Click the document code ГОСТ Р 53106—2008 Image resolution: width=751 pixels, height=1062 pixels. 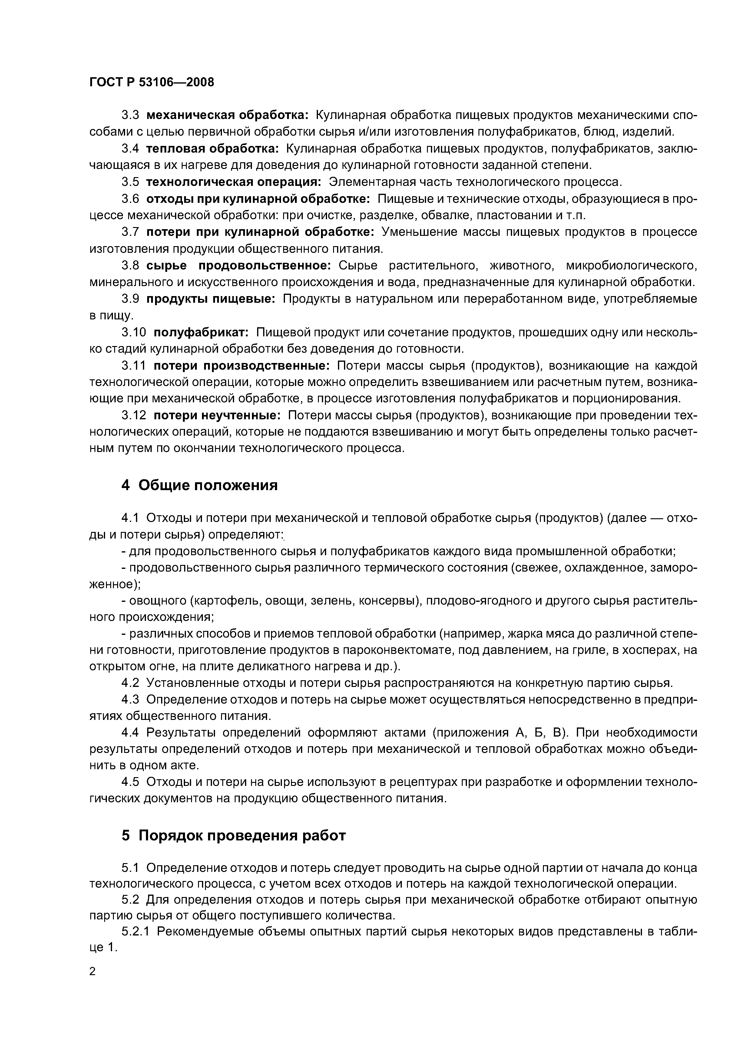[152, 82]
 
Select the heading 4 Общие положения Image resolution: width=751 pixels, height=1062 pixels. [200, 485]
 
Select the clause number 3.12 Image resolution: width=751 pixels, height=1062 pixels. [134, 415]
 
